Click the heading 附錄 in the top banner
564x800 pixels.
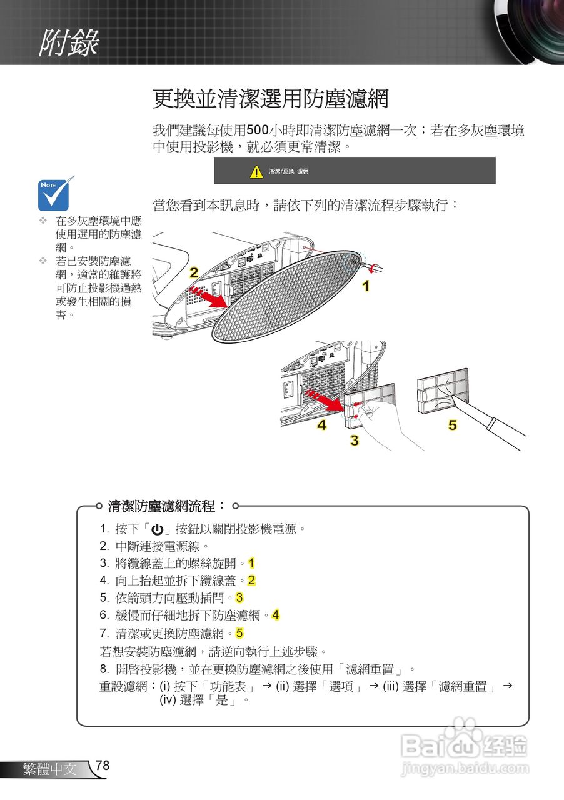pyautogui.click(x=69, y=44)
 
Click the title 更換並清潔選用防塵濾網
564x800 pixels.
pyautogui.click(x=271, y=99)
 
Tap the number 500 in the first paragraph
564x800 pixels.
pyautogui.click(x=257, y=131)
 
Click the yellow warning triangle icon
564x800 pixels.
pyautogui.click(x=256, y=172)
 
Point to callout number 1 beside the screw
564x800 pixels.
pyautogui.click(x=366, y=286)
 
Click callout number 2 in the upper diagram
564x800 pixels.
pyautogui.click(x=194, y=272)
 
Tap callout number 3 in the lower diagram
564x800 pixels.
pyautogui.click(x=354, y=440)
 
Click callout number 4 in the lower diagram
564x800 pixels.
pyautogui.click(x=321, y=426)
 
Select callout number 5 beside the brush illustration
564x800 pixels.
pyautogui.click(x=452, y=426)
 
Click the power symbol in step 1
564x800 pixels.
pyautogui.click(x=157, y=529)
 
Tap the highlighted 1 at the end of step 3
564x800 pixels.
pyautogui.click(x=251, y=563)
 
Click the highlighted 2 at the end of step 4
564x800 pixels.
pyautogui.click(x=251, y=581)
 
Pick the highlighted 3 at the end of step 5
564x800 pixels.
pyautogui.click(x=239, y=598)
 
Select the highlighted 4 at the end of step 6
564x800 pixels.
pyautogui.click(x=275, y=616)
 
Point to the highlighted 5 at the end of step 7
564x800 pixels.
pyautogui.click(x=239, y=634)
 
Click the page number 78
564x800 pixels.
pyautogui.click(x=103, y=766)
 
